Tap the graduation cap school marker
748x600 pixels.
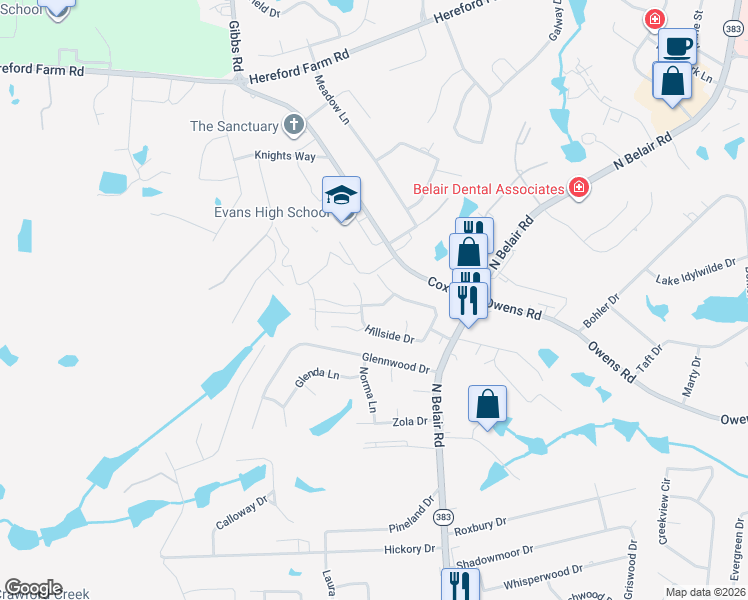pos(341,196)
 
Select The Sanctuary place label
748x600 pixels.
pos(233,126)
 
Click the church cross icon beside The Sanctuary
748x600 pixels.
pos(293,126)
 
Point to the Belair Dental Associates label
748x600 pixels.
pos(488,188)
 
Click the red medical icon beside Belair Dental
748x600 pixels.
pos(577,187)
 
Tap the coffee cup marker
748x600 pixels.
pos(677,47)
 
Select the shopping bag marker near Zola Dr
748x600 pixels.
pos(487,405)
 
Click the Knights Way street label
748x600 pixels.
pos(284,156)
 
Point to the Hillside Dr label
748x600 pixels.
pos(388,331)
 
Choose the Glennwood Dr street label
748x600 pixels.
pos(395,362)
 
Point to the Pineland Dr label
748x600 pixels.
pos(412,526)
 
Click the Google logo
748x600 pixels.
pos(33,588)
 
